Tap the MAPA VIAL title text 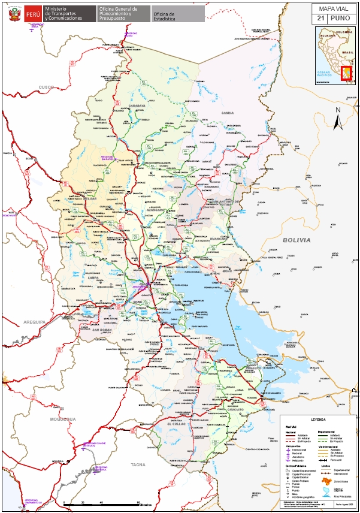coord(332,8)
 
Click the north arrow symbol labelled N coord(338,119)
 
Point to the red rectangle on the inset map coord(346,74)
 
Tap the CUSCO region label coord(46,87)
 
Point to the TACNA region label coord(138,464)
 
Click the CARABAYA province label coord(137,105)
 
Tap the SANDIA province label coord(226,113)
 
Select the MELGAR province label coord(89,198)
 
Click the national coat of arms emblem coord(12,13)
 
